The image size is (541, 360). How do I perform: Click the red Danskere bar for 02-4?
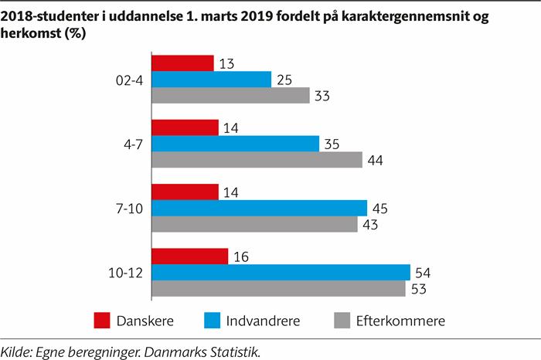pyautogui.click(x=182, y=63)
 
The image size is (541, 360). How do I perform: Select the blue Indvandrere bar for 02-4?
pyautogui.click(x=211, y=79)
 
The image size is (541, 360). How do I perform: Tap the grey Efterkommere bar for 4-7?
pyautogui.click(x=257, y=160)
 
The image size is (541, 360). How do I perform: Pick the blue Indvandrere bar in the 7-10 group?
pyautogui.click(x=259, y=208)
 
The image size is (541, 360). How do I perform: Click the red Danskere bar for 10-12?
pyautogui.click(x=189, y=256)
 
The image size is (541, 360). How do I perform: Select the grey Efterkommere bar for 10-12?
pyautogui.click(x=278, y=288)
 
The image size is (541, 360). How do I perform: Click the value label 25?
pyautogui.click(x=284, y=80)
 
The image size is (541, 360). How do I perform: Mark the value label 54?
pyautogui.click(x=423, y=273)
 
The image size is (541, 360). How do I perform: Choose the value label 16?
pyautogui.click(x=240, y=256)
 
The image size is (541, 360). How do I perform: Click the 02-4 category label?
pyautogui.click(x=127, y=79)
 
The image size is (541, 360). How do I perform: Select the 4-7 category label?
pyautogui.click(x=131, y=144)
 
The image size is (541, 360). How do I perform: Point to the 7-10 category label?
pyautogui.click(x=128, y=208)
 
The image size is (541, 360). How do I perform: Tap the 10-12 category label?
pyautogui.click(x=124, y=272)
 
